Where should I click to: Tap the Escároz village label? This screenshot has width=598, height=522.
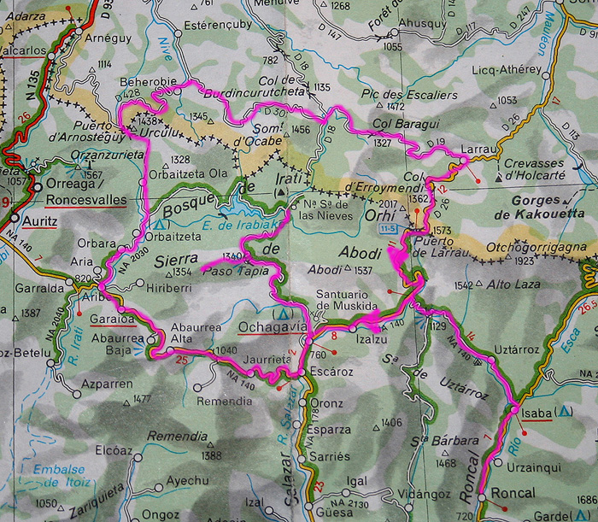coord(333,372)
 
